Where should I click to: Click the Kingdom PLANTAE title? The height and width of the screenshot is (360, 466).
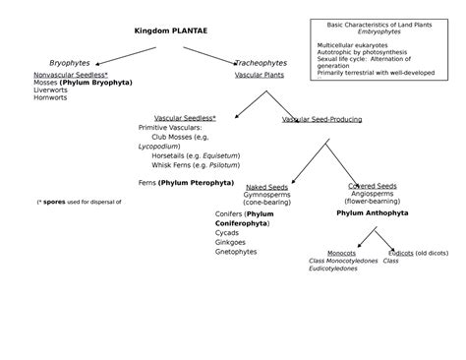tap(170, 30)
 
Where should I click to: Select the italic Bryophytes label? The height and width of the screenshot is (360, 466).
tap(69, 63)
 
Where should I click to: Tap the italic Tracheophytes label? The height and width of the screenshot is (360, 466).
tap(261, 63)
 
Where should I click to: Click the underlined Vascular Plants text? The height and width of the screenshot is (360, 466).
tap(260, 75)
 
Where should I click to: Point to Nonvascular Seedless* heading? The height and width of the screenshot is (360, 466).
tap(70, 75)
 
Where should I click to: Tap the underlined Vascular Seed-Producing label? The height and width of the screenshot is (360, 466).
tap(321, 119)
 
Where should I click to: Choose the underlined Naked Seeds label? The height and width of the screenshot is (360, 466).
tap(266, 186)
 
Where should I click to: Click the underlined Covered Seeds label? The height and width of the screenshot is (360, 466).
tap(372, 186)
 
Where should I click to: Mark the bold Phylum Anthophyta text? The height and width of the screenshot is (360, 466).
tap(372, 211)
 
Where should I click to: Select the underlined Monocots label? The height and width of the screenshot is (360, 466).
tap(341, 253)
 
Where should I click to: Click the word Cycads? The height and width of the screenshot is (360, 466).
tap(227, 233)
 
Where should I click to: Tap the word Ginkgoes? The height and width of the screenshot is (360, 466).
tap(230, 242)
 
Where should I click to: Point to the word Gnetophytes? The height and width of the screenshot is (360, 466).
tap(235, 252)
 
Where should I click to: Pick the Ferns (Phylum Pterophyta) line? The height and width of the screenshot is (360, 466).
tap(186, 182)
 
